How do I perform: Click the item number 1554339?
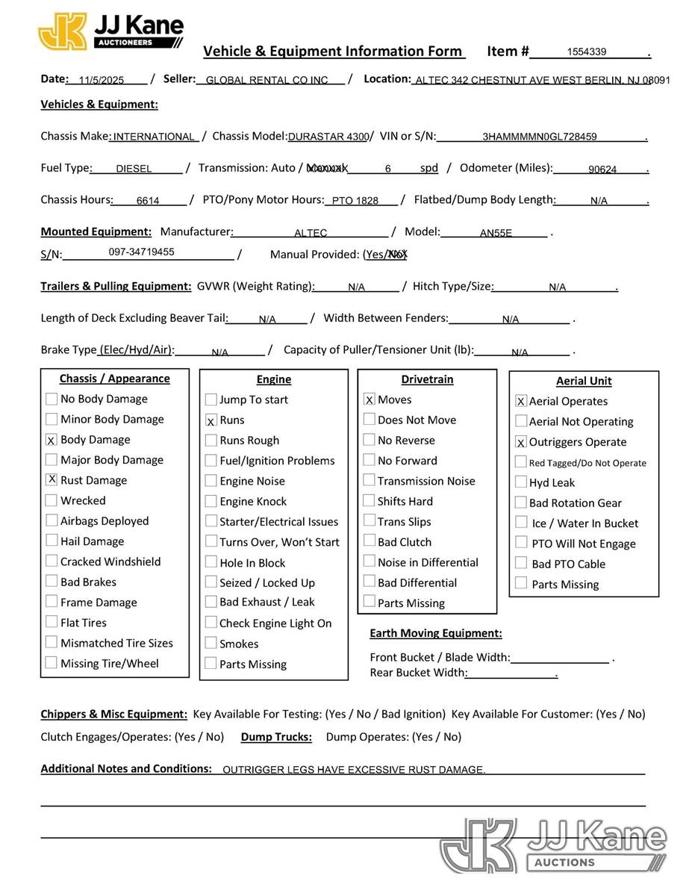pos(587,52)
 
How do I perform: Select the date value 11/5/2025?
pos(101,81)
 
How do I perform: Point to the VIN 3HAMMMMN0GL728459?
pos(539,137)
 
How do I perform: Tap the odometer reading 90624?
pos(602,169)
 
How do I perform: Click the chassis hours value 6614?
pos(148,201)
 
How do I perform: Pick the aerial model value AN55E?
pos(496,233)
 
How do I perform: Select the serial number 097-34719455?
pos(141,252)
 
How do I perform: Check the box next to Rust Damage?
pos(52,479)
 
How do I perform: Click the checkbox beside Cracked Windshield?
pos(52,561)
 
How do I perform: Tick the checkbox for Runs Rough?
pos(211,441)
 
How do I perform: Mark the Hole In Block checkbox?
pos(211,562)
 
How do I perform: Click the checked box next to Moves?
pos(369,399)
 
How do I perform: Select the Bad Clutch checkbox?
pos(369,541)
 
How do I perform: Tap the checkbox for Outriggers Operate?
pos(521,442)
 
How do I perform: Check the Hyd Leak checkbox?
pos(521,482)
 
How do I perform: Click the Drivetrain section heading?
pos(427,380)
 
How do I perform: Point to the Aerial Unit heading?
pos(584,382)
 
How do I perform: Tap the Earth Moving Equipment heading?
pos(436,634)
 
